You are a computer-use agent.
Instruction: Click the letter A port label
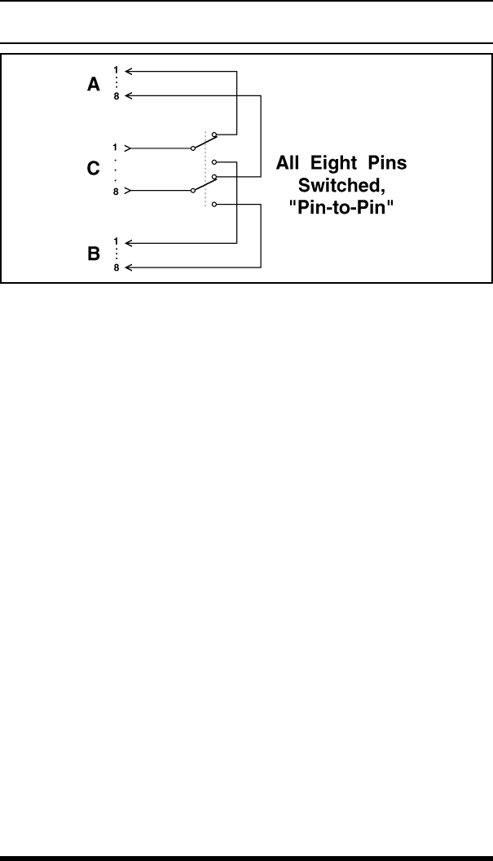pos(94,84)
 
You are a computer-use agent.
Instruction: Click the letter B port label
pos(94,254)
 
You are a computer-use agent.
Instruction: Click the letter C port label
pos(94,170)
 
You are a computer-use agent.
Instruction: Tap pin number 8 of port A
pos(115,96)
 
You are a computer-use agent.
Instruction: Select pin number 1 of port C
pos(115,148)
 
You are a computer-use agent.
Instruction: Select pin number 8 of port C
pos(115,191)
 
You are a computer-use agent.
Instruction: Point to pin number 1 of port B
pos(115,242)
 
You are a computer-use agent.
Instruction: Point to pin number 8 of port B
pos(115,267)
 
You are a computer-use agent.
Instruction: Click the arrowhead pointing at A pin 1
pos(130,72)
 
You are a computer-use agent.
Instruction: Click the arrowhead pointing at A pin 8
pos(130,96)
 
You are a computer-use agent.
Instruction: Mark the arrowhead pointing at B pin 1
pos(130,242)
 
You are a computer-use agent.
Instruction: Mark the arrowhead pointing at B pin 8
pos(130,267)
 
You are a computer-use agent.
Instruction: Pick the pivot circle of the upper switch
pos(192,148)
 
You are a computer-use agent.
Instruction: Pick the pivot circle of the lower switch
pos(192,191)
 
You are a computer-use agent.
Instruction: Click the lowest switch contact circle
pos(213,205)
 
